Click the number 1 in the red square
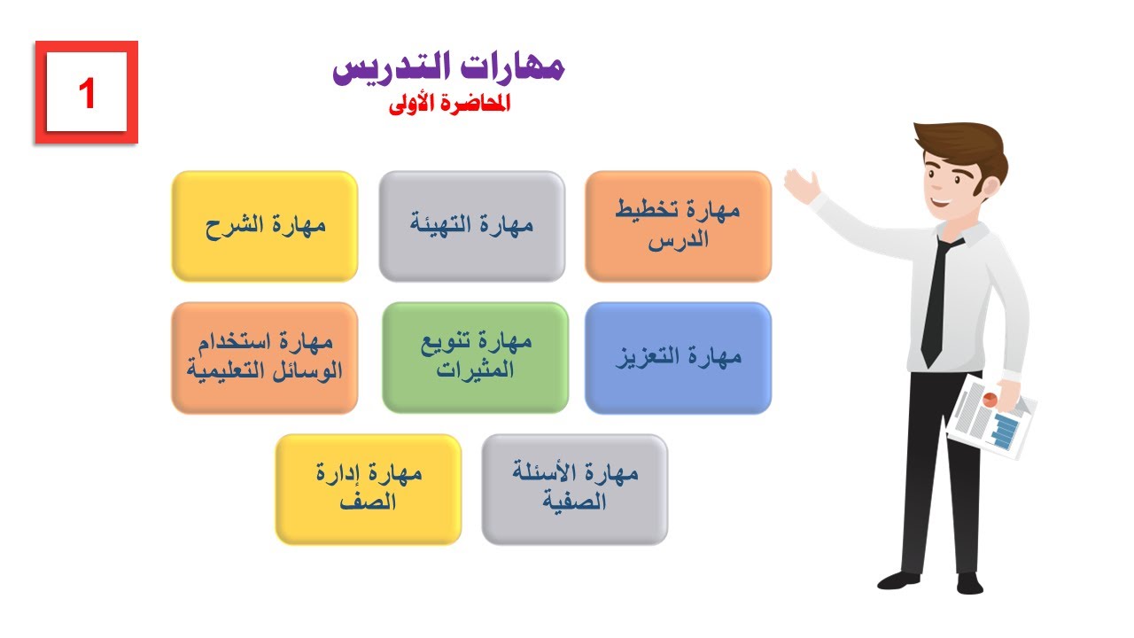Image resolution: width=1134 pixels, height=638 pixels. [87, 93]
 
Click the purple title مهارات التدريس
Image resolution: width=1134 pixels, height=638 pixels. [448, 67]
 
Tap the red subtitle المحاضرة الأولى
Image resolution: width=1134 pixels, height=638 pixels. [450, 104]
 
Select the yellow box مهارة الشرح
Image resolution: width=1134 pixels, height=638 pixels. [265, 226]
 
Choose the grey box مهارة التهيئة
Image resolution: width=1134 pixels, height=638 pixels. [472, 226]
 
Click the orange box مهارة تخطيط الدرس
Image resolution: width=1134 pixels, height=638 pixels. [678, 226]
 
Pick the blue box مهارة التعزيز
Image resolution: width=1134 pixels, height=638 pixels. [678, 357]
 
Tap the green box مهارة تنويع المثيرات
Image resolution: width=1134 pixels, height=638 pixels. [475, 357]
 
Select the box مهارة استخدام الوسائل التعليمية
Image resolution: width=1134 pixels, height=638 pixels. [265, 357]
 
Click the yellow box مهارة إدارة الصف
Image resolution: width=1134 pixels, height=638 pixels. [369, 488]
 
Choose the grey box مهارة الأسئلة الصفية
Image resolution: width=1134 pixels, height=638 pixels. [575, 488]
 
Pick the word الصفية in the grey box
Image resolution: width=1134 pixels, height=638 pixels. [575, 502]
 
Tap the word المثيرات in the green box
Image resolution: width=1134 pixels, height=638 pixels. [475, 371]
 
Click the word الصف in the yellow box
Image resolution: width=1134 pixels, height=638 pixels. [369, 502]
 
